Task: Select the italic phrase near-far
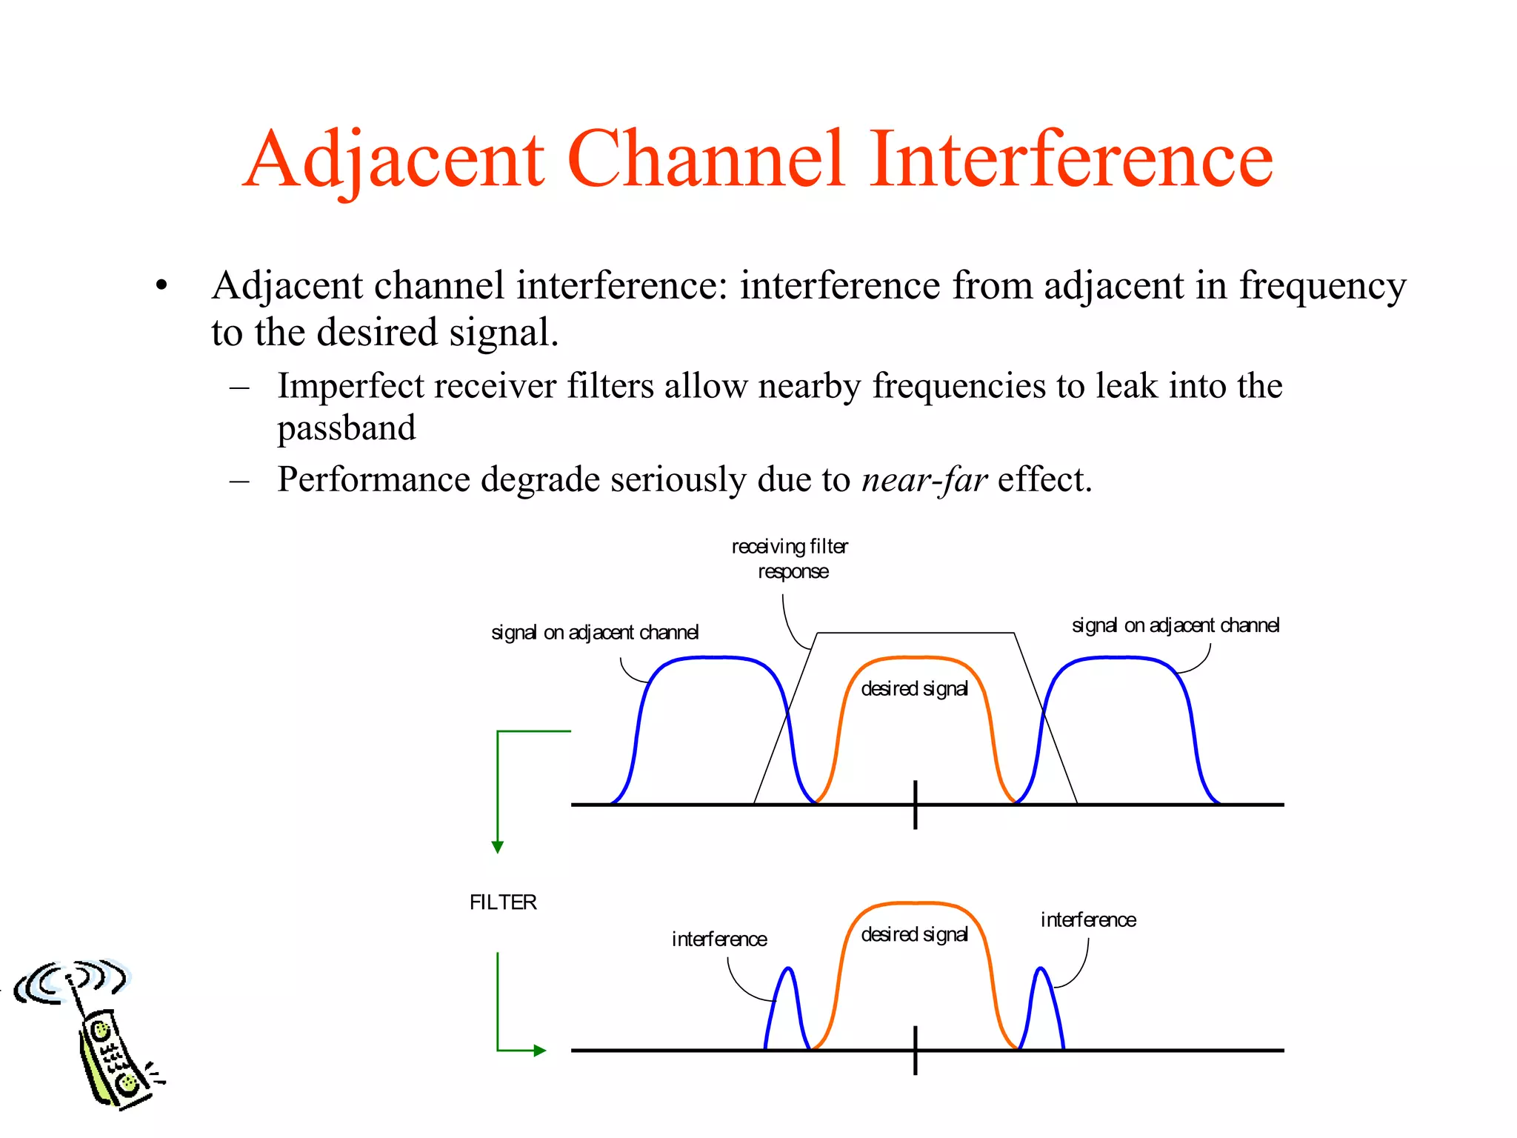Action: pos(924,480)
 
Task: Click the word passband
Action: pos(347,428)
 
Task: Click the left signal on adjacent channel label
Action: pos(595,633)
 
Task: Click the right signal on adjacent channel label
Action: pos(1176,625)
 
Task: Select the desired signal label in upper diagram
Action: pos(914,689)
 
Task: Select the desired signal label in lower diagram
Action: pos(914,935)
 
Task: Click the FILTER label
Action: pos(503,902)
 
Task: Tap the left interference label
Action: pos(719,939)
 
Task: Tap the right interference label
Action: pos(1088,920)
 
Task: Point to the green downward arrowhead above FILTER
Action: pos(498,847)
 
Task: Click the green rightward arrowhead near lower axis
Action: pos(540,1050)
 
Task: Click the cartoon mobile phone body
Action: pos(111,1059)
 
